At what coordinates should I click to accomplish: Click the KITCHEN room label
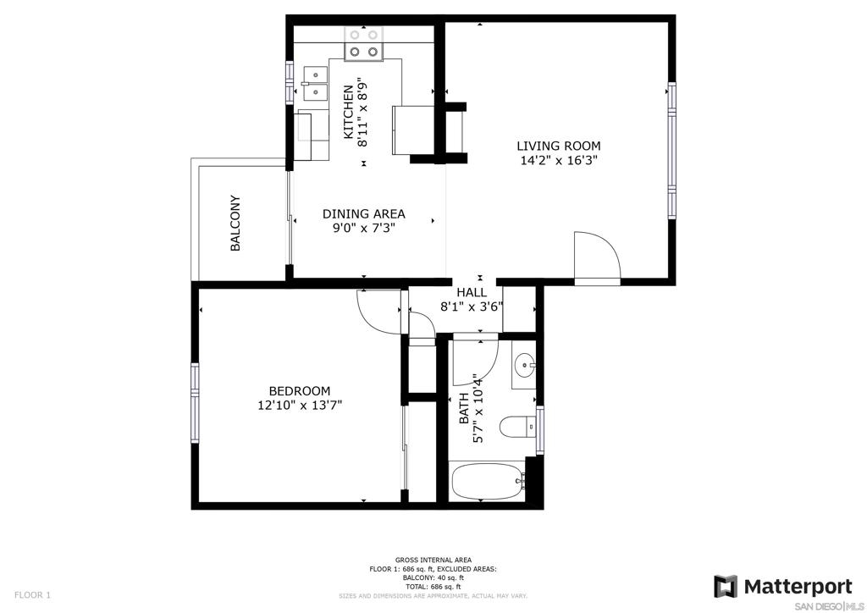(348, 113)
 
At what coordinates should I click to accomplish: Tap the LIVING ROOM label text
(559, 146)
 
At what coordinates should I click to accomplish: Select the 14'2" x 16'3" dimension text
(559, 161)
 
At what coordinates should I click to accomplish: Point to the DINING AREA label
(363, 214)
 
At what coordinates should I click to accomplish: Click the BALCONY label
(235, 224)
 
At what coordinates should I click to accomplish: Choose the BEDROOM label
(299, 391)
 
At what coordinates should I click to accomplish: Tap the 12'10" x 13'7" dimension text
(300, 406)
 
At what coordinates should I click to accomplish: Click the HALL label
(472, 292)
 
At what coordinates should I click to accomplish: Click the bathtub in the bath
(487, 482)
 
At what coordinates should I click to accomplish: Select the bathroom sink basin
(523, 366)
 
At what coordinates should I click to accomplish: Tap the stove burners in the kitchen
(364, 44)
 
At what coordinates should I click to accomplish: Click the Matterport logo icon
(726, 586)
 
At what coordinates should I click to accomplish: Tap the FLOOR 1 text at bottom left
(32, 595)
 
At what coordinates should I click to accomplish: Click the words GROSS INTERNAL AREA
(433, 560)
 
